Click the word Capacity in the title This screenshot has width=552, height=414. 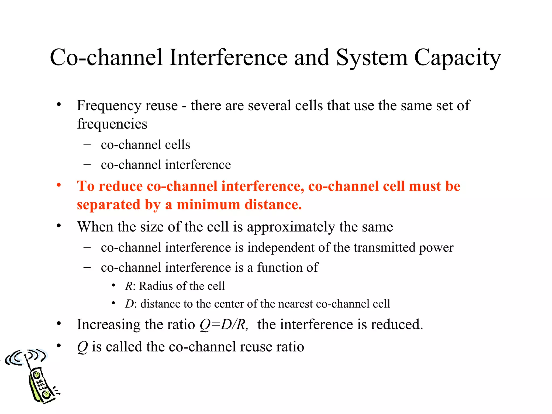[x=457, y=58]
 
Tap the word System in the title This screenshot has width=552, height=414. [x=372, y=58]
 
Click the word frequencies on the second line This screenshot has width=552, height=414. [x=112, y=124]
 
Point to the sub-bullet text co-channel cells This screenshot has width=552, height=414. [x=146, y=145]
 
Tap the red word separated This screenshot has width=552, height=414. [x=109, y=205]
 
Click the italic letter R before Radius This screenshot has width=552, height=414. [x=129, y=286]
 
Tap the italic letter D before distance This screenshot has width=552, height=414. [x=129, y=304]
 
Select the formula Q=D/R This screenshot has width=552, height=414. [x=223, y=325]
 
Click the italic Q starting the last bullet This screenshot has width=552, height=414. [x=82, y=347]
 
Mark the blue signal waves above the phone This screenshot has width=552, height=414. [x=26, y=356]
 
